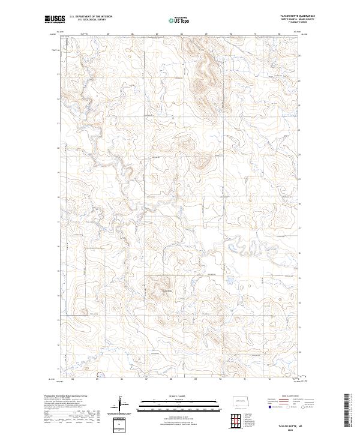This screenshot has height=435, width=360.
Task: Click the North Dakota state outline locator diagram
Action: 242,400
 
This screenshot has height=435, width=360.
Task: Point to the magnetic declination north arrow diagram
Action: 122,403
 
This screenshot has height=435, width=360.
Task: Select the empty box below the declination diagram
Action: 122,425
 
